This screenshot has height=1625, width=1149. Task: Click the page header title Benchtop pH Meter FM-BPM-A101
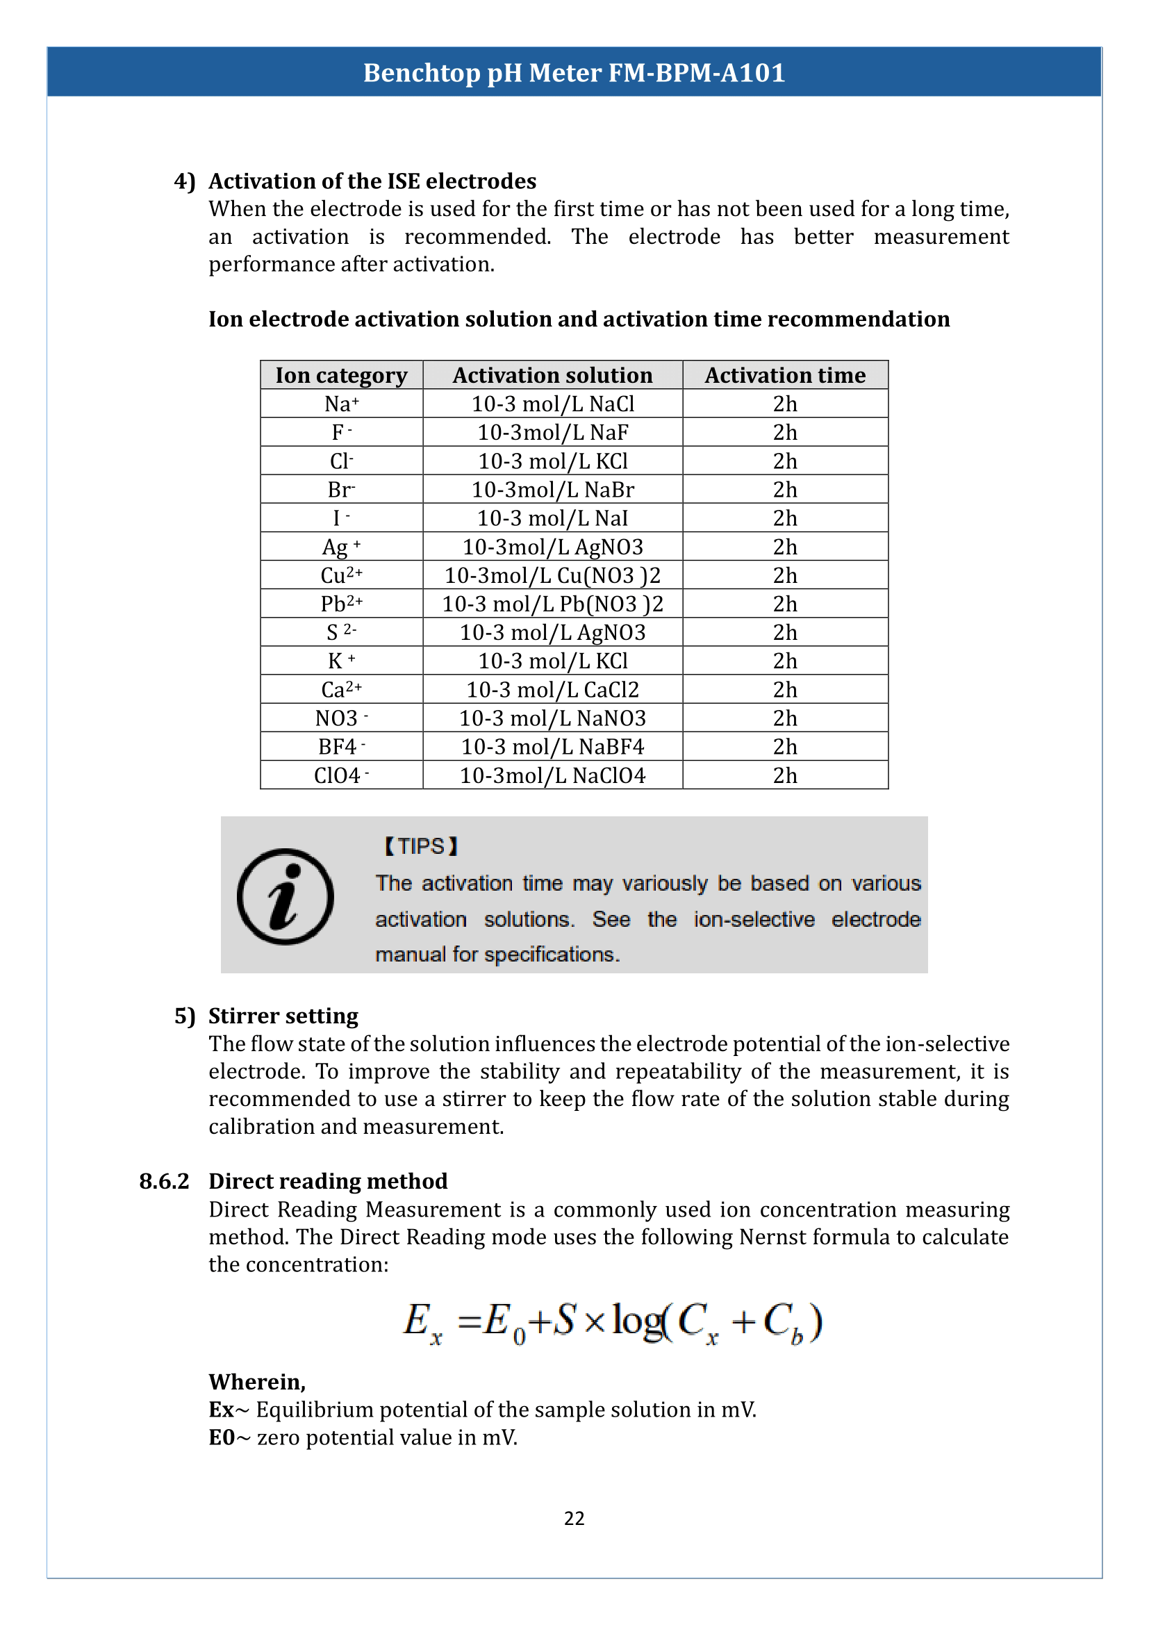pos(574,73)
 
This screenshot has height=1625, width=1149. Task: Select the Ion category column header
pos(341,375)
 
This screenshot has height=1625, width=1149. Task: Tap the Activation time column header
pos(784,375)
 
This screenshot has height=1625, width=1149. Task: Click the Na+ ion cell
pos(341,404)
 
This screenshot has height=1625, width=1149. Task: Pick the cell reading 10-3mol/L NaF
pos(552,432)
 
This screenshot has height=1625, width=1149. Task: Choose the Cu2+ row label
pos(341,575)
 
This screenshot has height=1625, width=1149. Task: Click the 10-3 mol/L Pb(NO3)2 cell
pos(552,604)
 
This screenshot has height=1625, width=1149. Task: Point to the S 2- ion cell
pos(341,632)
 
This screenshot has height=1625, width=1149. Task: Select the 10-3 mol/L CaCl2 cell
pos(552,689)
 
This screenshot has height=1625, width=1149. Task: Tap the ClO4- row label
pos(341,776)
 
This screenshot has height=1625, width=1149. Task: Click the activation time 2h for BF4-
pos(784,747)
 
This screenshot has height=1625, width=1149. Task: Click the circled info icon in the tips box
pos(285,896)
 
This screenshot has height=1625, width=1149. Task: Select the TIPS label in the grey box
pos(421,846)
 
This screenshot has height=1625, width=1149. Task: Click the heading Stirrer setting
pos(283,1016)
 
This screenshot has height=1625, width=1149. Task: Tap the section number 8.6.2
pos(164,1181)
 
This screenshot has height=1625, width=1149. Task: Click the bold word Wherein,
pos(257,1382)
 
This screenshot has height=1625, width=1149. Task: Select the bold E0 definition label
pos(222,1437)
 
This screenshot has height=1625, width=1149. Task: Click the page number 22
pos(574,1518)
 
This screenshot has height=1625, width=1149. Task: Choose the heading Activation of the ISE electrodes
pos(372,181)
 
